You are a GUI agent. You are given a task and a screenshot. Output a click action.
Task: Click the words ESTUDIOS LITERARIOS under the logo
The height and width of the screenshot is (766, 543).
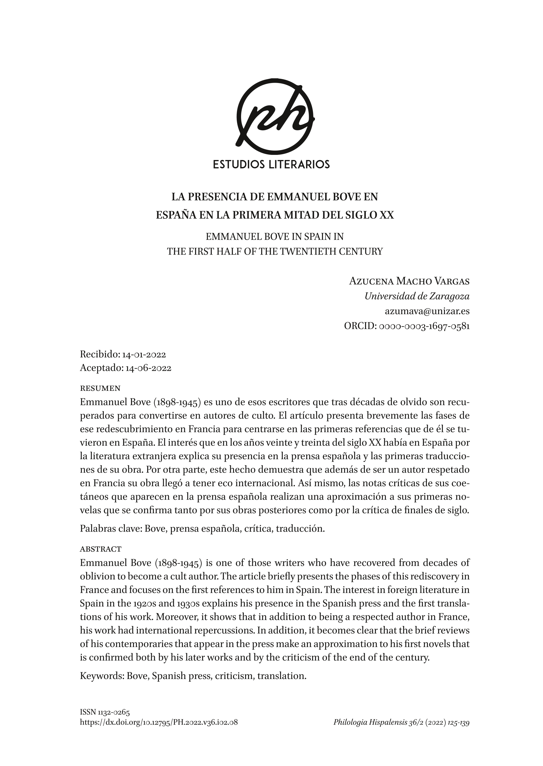[x=272, y=164]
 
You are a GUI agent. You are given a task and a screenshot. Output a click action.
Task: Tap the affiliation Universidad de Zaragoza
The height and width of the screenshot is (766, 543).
[x=417, y=296]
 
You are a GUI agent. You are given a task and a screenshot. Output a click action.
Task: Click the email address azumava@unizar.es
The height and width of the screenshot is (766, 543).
[x=427, y=311]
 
